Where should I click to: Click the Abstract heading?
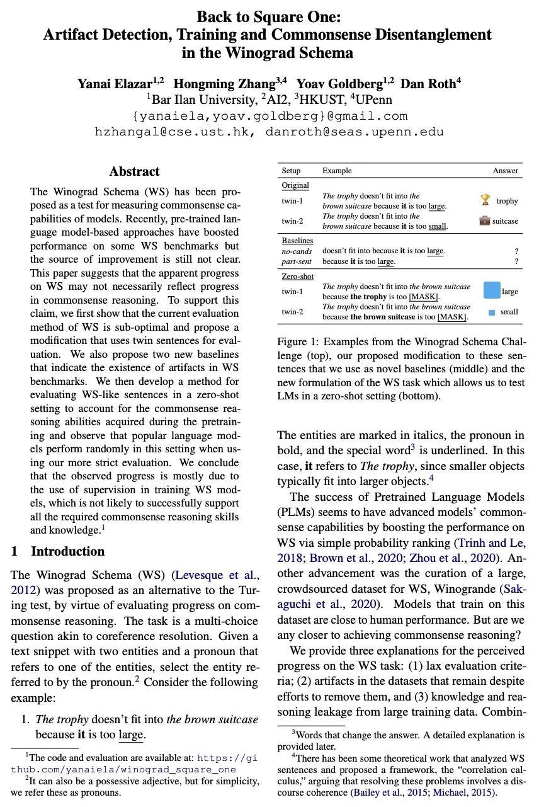coord(134,171)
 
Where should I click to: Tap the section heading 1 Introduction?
coord(58,551)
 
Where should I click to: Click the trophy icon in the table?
coord(485,200)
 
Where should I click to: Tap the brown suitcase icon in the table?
coord(485,220)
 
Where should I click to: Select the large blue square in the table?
coord(492,290)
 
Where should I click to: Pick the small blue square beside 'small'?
coord(492,312)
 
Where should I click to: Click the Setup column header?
coord(291,171)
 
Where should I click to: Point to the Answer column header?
coord(505,171)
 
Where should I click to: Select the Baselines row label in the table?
coord(297,241)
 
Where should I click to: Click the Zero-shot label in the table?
coord(297,277)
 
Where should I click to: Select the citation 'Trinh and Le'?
coord(491,542)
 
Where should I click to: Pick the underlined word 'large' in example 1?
coord(131,735)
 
